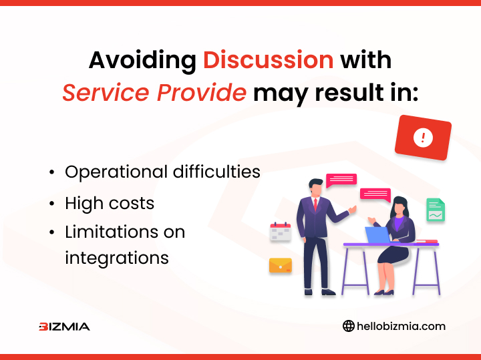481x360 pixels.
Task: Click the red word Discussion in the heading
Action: point(268,60)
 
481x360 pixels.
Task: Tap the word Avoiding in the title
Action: point(143,61)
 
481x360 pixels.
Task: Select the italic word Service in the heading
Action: point(106,92)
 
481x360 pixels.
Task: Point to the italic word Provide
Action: point(202,92)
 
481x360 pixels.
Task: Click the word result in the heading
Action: point(349,92)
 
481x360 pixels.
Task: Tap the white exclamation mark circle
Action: point(423,138)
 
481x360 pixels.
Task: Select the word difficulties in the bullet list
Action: point(216,172)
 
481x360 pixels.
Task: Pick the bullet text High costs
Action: point(110,203)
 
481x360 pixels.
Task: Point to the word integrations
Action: point(117,258)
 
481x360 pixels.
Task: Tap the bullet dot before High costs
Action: point(52,204)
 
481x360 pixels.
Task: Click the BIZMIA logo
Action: point(64,327)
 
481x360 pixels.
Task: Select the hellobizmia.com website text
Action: point(401,326)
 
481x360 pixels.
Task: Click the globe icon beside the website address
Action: point(349,326)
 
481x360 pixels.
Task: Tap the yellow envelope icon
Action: point(281,266)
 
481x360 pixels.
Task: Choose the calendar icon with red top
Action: point(281,232)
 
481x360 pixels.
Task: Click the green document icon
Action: point(436,210)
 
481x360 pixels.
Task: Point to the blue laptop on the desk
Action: point(377,235)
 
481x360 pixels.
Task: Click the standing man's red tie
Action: point(315,205)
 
